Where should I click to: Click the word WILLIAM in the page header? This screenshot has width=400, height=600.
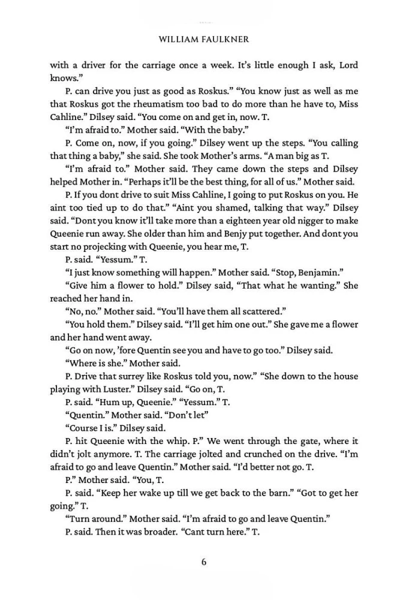(x=176, y=39)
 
